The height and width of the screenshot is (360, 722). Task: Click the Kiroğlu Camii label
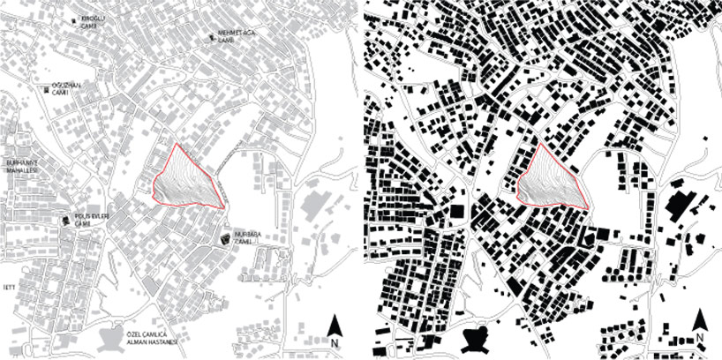[x=93, y=20]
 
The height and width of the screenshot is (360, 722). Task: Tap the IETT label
[x=10, y=287]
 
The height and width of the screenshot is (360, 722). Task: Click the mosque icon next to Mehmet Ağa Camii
[x=213, y=37]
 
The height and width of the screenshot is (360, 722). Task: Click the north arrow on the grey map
[x=335, y=325]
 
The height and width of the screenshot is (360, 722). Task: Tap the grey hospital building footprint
[x=111, y=339]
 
